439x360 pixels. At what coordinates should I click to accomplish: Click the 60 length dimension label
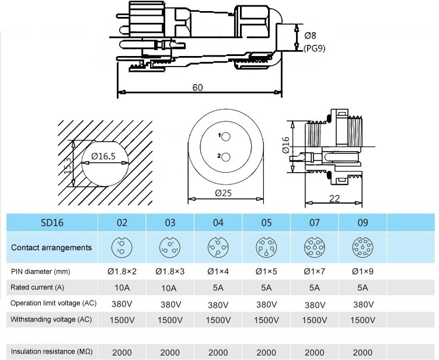(x=197, y=88)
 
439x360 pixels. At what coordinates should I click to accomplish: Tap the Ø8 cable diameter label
(x=311, y=36)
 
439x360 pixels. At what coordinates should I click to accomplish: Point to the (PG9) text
(x=314, y=48)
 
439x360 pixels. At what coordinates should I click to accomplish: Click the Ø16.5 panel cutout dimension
(x=103, y=156)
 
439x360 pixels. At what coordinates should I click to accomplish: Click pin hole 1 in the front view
(x=225, y=136)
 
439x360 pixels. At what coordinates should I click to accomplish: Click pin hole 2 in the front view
(x=225, y=156)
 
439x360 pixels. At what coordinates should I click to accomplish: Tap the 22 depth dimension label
(x=335, y=198)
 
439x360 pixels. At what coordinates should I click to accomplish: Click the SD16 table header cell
(x=51, y=222)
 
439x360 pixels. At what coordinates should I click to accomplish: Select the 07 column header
(x=315, y=222)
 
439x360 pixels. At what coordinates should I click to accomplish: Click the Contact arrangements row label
(x=51, y=247)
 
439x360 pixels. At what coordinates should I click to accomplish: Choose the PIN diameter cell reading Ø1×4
(x=218, y=271)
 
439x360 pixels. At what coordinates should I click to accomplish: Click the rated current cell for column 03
(x=170, y=287)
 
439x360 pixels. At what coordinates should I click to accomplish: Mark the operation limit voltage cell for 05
(x=266, y=304)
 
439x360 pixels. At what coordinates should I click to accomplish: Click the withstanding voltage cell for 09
(x=363, y=320)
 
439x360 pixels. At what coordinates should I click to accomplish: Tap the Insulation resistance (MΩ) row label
(x=52, y=352)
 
